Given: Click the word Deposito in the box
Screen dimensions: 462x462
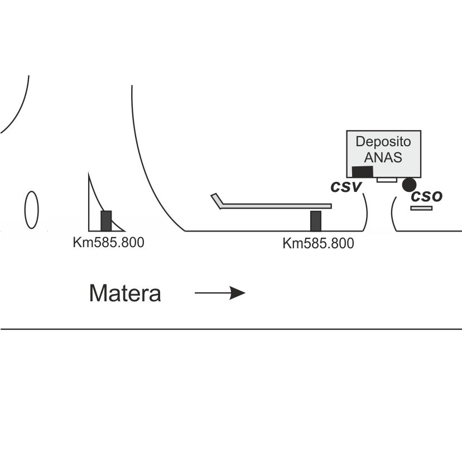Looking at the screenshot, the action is tap(383, 142).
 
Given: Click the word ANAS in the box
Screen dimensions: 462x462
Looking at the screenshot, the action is tap(383, 157).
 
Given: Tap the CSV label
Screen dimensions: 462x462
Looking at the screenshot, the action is tap(346, 187).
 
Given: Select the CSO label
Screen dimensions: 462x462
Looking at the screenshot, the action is tap(427, 196).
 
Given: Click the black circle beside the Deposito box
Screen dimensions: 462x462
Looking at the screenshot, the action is tap(409, 185).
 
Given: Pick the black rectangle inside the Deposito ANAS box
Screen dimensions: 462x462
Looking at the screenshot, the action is tap(363, 172).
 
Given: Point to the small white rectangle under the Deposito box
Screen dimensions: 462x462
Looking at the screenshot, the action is tap(387, 180).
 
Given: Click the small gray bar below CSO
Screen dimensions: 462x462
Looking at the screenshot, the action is tap(421, 208).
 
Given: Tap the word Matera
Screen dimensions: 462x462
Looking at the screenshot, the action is tap(125, 293).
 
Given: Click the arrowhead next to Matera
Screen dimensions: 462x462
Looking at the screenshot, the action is tap(237, 293).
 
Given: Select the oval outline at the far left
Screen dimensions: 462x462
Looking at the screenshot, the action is tap(32, 210).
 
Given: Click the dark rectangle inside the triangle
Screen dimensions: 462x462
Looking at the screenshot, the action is tap(106, 221).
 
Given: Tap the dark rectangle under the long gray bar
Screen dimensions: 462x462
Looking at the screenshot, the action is tap(316, 221).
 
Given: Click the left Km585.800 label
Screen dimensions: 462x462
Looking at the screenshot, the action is tap(108, 243).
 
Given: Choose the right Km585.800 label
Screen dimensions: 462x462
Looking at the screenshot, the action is tap(318, 243).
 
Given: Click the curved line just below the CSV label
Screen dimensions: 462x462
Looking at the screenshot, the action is tap(366, 212).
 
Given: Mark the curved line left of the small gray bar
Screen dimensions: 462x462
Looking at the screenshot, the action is tap(392, 214).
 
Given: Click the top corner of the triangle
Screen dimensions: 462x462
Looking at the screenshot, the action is tap(89, 173).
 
